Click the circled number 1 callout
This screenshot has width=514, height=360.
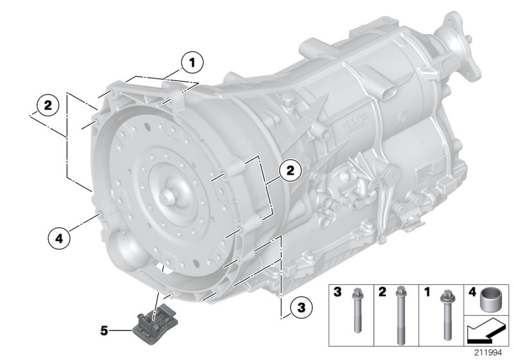(191, 63)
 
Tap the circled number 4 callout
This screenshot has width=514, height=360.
(58, 237)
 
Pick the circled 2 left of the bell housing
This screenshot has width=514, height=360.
(48, 104)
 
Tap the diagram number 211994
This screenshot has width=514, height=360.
(490, 352)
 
